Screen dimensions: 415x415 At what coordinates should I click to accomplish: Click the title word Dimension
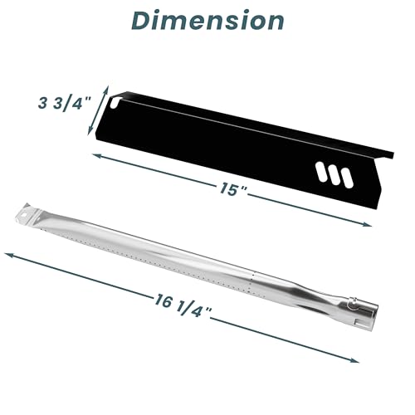[207, 21]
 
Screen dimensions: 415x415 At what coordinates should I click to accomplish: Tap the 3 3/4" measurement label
[65, 104]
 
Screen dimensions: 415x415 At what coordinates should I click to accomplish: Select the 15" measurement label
[232, 189]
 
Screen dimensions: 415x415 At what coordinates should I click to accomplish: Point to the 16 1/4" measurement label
[183, 305]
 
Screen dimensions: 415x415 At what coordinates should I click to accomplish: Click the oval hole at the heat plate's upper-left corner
[114, 102]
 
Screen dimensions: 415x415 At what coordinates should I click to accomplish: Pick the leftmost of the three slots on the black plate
[322, 173]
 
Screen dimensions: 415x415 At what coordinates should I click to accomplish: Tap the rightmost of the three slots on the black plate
[346, 178]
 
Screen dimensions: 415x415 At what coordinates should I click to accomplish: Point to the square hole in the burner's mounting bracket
[24, 215]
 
